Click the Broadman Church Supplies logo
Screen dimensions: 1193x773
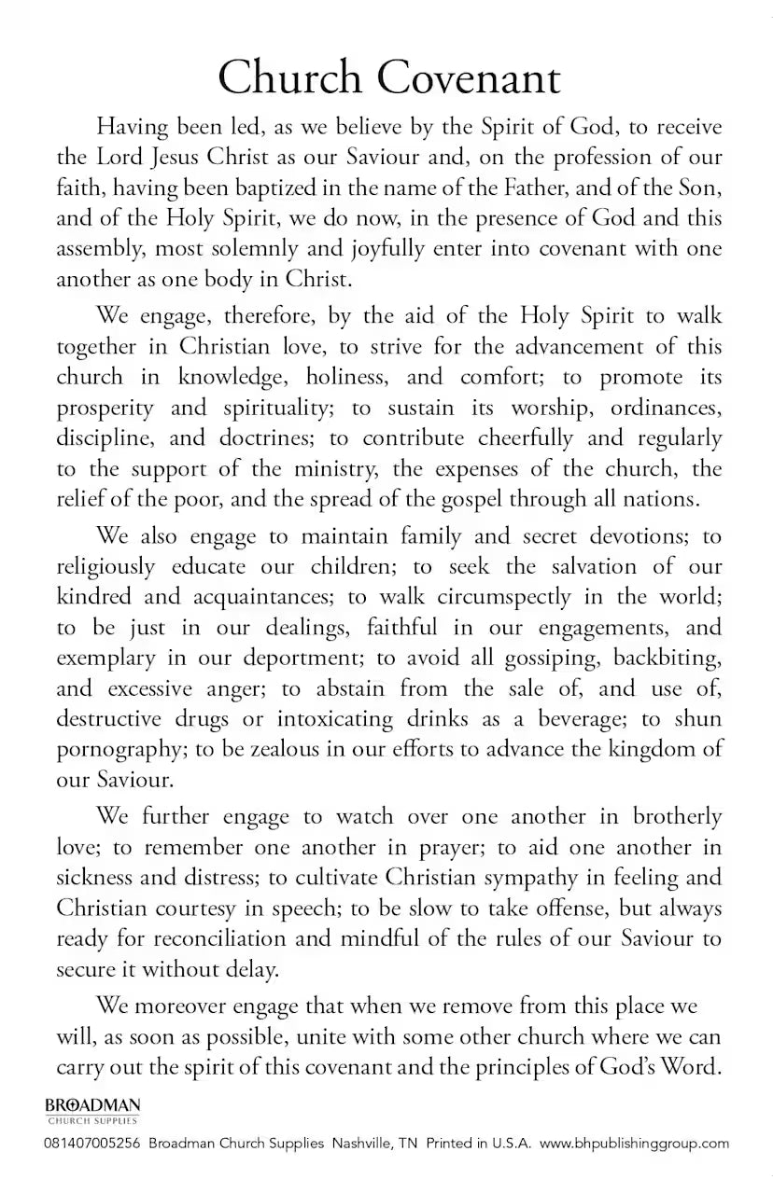click(92, 1109)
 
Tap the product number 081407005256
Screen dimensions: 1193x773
click(92, 1143)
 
